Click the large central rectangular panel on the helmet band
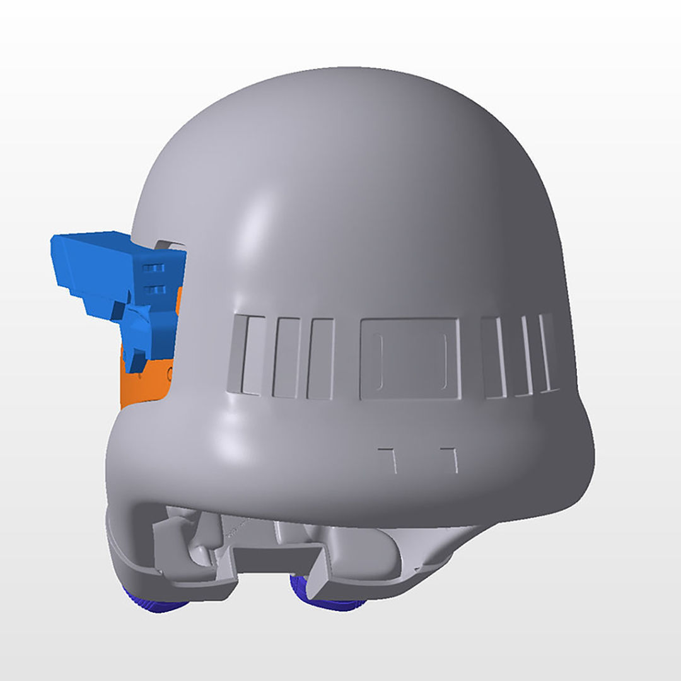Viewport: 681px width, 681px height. [410, 358]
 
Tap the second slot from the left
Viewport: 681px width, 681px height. [286, 358]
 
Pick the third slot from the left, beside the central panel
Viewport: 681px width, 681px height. [320, 358]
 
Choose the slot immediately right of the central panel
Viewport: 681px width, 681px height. [494, 357]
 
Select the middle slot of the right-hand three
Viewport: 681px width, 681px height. [524, 355]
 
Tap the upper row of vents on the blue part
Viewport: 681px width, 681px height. [154, 269]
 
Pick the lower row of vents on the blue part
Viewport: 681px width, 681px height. [154, 289]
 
